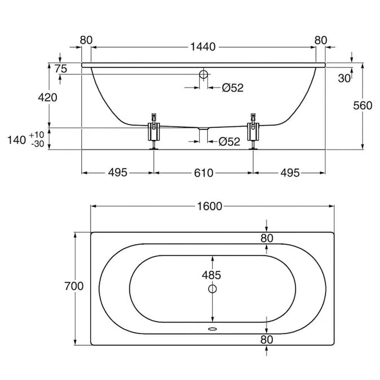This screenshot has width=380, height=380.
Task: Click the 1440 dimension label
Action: pyautogui.click(x=203, y=47)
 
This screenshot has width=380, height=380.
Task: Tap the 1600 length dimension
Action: pyautogui.click(x=209, y=206)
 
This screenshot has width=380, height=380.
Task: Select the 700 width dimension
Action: pyautogui.click(x=74, y=286)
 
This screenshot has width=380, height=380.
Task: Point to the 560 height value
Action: pyautogui.click(x=362, y=106)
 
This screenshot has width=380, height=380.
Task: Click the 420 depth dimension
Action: pyautogui.click(x=47, y=98)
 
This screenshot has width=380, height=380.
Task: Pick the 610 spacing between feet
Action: pyautogui.click(x=204, y=173)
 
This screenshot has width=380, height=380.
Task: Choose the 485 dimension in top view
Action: pyautogui.click(x=211, y=275)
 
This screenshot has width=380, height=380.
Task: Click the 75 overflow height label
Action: pyautogui.click(x=60, y=68)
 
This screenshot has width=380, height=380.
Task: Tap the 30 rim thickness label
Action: pyautogui.click(x=344, y=78)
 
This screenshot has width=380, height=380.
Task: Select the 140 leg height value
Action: pyautogui.click(x=16, y=140)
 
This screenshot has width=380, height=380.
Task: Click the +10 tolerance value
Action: pyautogui.click(x=37, y=135)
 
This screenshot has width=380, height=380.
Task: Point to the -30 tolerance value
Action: pyautogui.click(x=38, y=144)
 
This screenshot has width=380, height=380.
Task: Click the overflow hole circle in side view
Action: pyautogui.click(x=204, y=74)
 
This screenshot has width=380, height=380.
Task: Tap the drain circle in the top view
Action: pyautogui.click(x=212, y=289)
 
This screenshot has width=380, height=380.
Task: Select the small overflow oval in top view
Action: pyautogui.click(x=212, y=329)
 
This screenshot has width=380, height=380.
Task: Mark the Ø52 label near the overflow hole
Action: pyautogui.click(x=233, y=88)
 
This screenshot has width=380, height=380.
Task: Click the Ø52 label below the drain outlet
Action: pyautogui.click(x=229, y=142)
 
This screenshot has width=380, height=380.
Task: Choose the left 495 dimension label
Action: pyautogui.click(x=117, y=173)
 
